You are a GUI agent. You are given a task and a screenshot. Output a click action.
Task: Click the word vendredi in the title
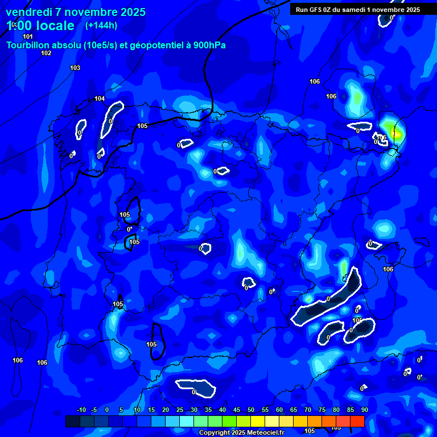pyautogui.click(x=28, y=12)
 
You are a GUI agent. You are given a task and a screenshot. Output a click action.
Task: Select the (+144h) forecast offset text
pyautogui.click(x=101, y=25)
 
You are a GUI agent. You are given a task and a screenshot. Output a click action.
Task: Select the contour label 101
pyautogui.click(x=28, y=36)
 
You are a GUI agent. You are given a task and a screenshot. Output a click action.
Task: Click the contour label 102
pyautogui.click(x=46, y=53)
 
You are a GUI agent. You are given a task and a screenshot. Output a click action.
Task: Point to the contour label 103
pyautogui.click(x=75, y=68)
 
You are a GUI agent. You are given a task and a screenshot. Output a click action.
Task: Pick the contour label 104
pyautogui.click(x=100, y=98)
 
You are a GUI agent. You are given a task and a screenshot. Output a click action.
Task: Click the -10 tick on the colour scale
pyautogui.click(x=81, y=410)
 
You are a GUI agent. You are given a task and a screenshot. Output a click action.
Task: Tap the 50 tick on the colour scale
pyautogui.click(x=251, y=410)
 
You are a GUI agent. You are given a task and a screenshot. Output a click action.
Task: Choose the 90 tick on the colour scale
pyautogui.click(x=364, y=410)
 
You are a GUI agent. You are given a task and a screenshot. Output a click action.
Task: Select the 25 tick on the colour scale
pyautogui.click(x=180, y=410)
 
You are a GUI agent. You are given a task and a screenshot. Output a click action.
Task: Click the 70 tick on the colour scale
pyautogui.click(x=308, y=410)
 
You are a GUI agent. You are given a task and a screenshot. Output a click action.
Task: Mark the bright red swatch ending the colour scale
pyautogui.click(x=357, y=421)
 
